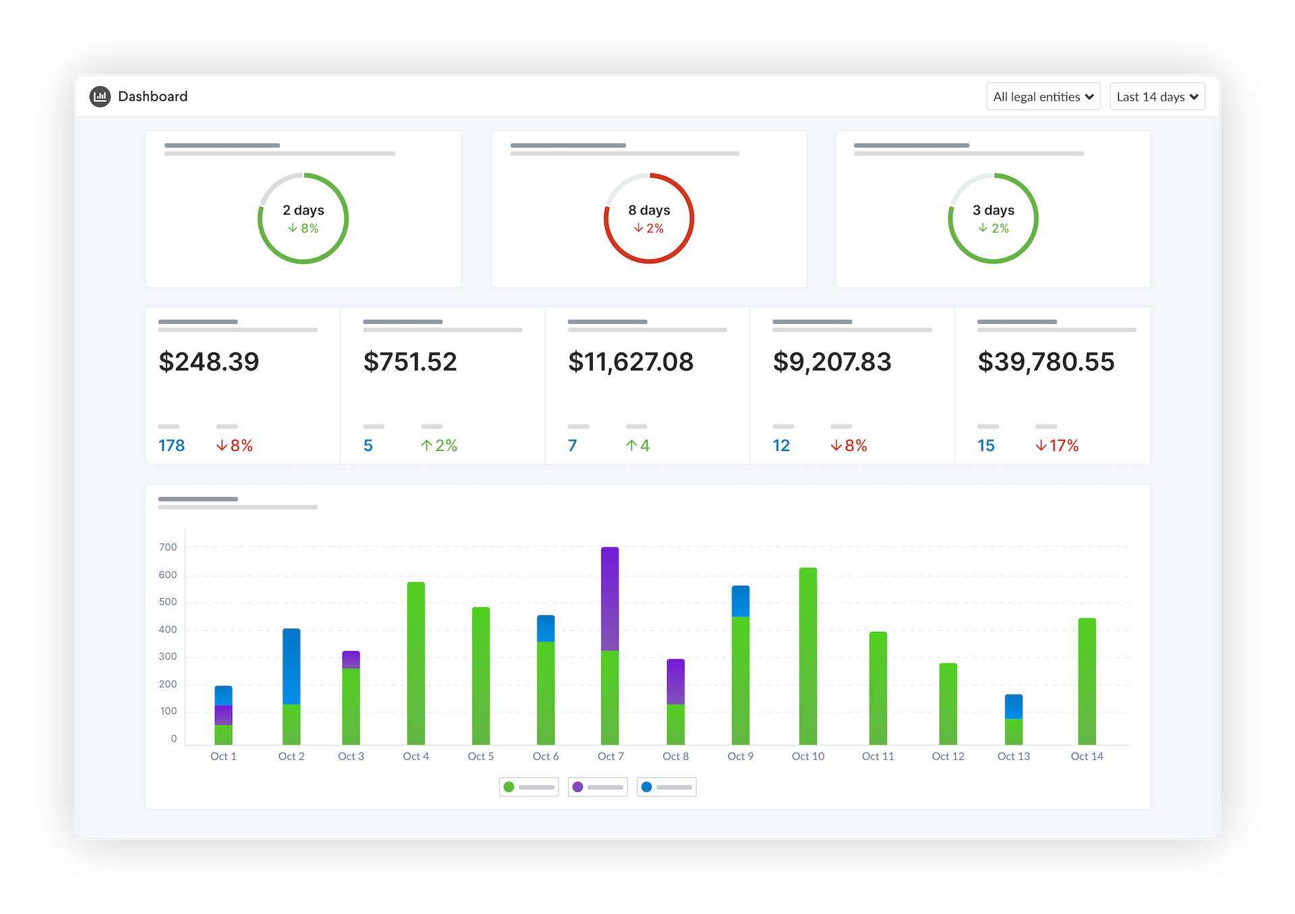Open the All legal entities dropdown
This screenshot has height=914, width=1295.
click(1043, 97)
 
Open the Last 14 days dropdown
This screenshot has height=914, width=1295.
click(1157, 97)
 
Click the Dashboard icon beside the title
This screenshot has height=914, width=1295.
click(100, 97)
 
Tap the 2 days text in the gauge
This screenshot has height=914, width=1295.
click(304, 210)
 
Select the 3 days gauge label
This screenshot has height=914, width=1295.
click(993, 210)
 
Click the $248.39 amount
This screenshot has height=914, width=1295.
click(208, 362)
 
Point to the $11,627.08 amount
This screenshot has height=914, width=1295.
click(631, 362)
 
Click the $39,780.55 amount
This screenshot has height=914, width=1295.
click(1045, 362)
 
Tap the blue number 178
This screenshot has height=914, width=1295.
click(171, 446)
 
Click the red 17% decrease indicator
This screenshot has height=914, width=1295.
click(1057, 446)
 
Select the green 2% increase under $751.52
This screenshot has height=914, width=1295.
click(439, 446)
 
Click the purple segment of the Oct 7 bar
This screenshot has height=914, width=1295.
click(610, 599)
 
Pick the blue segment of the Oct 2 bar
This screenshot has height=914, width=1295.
click(291, 666)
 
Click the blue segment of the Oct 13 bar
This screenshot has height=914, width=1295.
click(1013, 707)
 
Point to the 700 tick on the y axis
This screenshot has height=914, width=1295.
click(168, 547)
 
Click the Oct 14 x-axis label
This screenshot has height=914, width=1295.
click(1087, 756)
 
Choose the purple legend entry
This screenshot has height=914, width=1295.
click(598, 787)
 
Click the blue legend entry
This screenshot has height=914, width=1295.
click(666, 787)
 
